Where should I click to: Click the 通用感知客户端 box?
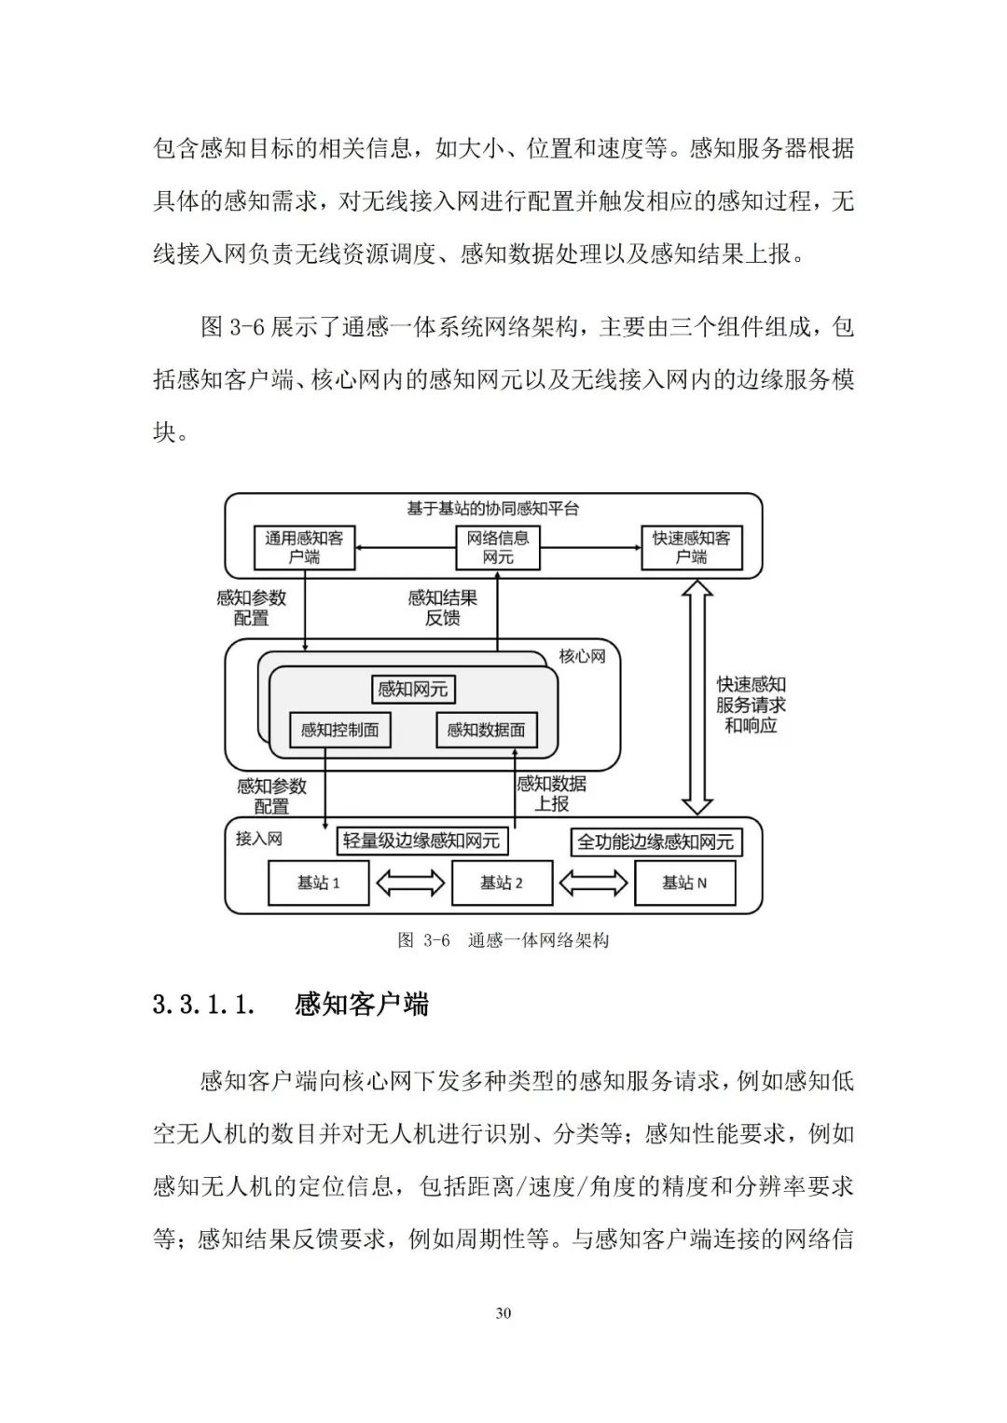tap(304, 548)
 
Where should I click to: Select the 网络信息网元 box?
tap(498, 548)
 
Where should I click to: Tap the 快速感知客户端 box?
tap(691, 548)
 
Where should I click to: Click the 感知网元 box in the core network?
tap(412, 690)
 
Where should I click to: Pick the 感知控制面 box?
tap(339, 730)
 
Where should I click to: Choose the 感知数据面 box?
tap(486, 730)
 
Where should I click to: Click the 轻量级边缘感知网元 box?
tap(421, 841)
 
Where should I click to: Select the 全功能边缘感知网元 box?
tap(655, 842)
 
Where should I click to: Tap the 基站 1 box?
tap(318, 883)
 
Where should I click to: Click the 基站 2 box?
tap(502, 883)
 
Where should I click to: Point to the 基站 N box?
tap(684, 883)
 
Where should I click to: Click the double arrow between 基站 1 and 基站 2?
tap(410, 883)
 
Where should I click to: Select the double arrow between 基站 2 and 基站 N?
tap(593, 883)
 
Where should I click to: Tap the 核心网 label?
tap(582, 656)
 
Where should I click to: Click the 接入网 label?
tap(258, 839)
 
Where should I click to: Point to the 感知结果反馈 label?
tap(442, 608)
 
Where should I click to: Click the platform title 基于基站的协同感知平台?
tap(493, 509)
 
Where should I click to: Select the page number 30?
tap(504, 1313)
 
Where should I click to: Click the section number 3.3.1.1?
tap(203, 1005)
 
